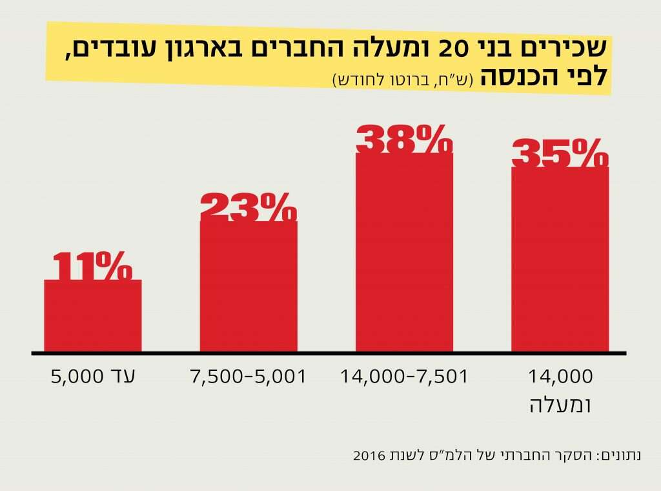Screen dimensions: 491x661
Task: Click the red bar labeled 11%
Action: click(93, 316)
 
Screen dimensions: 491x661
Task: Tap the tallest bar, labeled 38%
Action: click(404, 253)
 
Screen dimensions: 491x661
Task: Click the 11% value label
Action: click(93, 266)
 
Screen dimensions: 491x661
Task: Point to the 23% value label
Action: click(249, 207)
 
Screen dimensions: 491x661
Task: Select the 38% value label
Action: click(404, 140)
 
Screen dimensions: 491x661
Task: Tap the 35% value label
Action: click(560, 153)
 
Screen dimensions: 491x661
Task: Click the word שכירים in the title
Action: click(569, 49)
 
